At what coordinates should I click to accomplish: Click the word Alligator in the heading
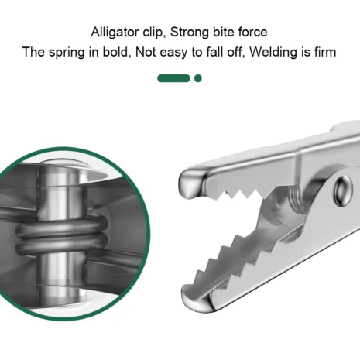click(115, 33)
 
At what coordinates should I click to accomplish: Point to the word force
click(252, 32)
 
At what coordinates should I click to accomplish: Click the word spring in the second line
click(67, 53)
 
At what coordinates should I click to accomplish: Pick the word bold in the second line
click(115, 52)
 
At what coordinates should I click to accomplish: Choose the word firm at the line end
click(325, 52)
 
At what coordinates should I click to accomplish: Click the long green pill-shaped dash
click(173, 78)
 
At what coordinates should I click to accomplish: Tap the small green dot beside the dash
click(198, 78)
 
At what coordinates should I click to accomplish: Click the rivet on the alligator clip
click(343, 190)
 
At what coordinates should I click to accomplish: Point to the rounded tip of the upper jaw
click(190, 184)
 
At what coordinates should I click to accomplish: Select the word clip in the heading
click(153, 33)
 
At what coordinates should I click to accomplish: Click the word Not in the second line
click(146, 52)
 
